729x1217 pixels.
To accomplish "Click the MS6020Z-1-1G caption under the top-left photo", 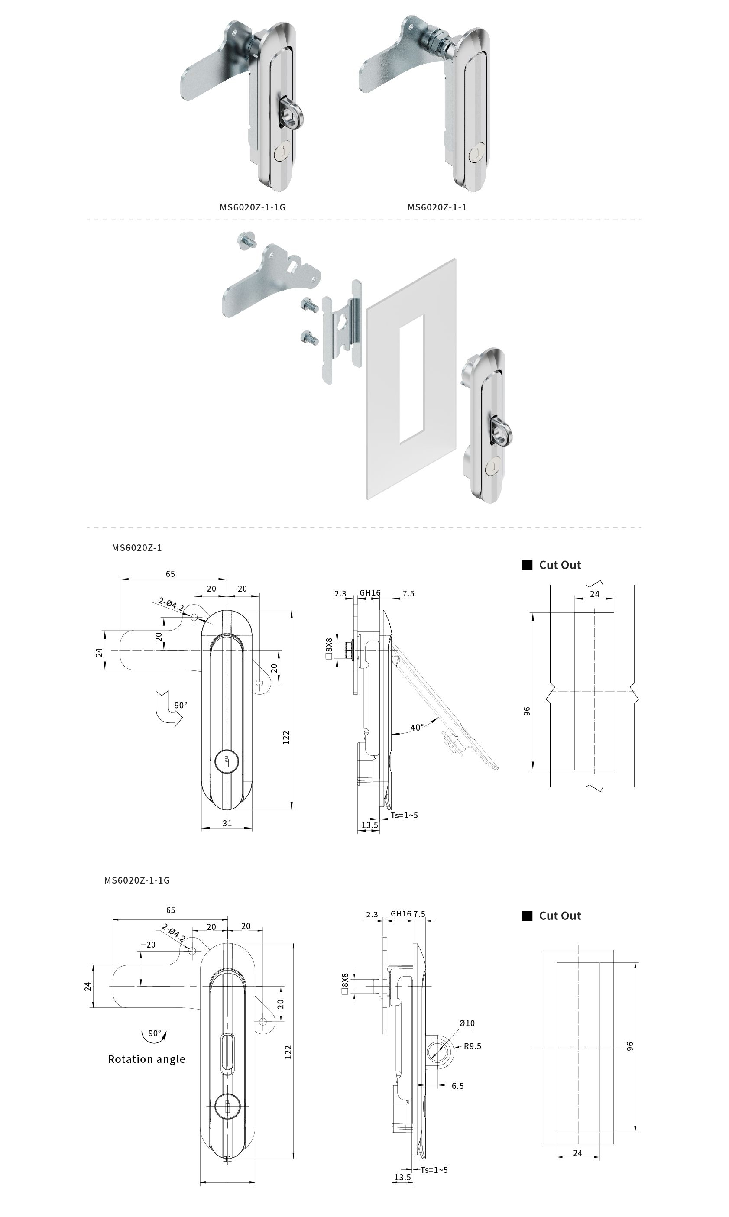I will point(253,207).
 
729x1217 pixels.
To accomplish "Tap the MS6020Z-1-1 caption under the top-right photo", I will point(437,207).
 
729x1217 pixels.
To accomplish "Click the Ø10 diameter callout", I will point(467,1023).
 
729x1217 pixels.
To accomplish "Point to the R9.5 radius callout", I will point(473,1046).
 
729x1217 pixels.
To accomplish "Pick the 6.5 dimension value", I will point(457,1086).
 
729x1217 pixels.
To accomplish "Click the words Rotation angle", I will point(146,1059).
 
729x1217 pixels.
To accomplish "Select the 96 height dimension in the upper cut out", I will point(527,711).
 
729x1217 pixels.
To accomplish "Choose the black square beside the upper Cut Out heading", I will point(527,565).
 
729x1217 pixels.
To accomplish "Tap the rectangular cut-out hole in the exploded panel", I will point(411,379).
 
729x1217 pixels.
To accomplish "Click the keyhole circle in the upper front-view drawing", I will point(227,762).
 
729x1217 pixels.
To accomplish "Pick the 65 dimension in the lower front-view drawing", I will point(171,910).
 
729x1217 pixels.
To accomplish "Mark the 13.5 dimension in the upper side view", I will point(369,825).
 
